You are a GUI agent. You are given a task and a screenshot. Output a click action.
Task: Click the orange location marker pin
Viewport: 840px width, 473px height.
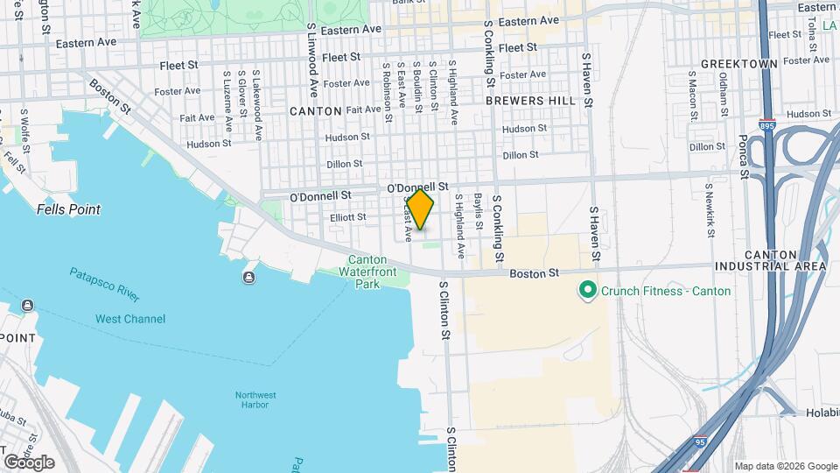pyautogui.click(x=420, y=208)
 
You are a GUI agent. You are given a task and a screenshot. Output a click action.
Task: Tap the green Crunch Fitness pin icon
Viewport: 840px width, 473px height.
pyautogui.click(x=587, y=290)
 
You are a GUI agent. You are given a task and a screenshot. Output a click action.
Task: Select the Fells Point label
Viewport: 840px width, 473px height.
pyautogui.click(x=68, y=209)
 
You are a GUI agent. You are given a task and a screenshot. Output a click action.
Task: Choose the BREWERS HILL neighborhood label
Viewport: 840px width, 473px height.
pyautogui.click(x=530, y=101)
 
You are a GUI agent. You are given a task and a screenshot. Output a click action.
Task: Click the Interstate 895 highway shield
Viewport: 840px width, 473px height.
pyautogui.click(x=766, y=125)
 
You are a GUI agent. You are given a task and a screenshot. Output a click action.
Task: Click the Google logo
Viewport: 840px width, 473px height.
pyautogui.click(x=29, y=462)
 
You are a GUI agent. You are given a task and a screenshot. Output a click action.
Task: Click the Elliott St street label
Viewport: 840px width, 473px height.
pyautogui.click(x=347, y=216)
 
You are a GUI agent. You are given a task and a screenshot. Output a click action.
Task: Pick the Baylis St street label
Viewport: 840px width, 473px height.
pyautogui.click(x=479, y=211)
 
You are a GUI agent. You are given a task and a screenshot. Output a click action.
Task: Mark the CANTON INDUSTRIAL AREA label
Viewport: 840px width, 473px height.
pyautogui.click(x=770, y=258)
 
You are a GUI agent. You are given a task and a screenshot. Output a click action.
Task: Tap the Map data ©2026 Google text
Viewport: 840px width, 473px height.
pyautogui.click(x=785, y=466)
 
